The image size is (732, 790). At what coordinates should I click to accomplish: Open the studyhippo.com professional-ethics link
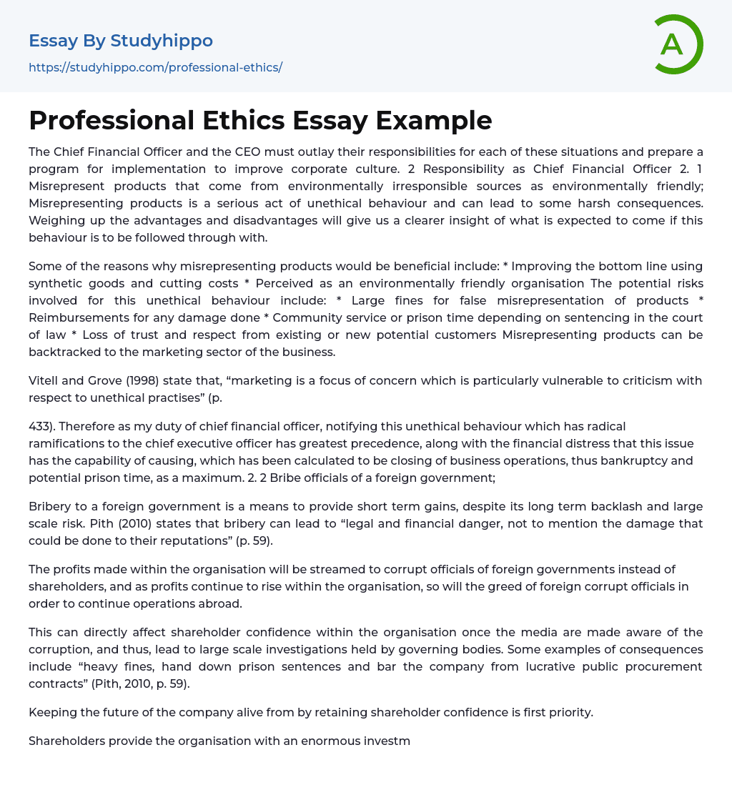tap(155, 67)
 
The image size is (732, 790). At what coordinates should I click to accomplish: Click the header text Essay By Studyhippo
tap(121, 41)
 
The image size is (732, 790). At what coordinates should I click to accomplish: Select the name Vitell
tap(43, 380)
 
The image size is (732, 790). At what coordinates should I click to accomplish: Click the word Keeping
tap(52, 712)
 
